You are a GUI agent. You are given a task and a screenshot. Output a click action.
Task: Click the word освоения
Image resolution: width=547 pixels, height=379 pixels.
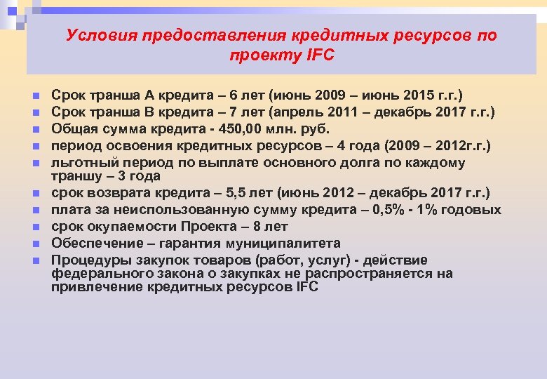(x=133, y=145)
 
